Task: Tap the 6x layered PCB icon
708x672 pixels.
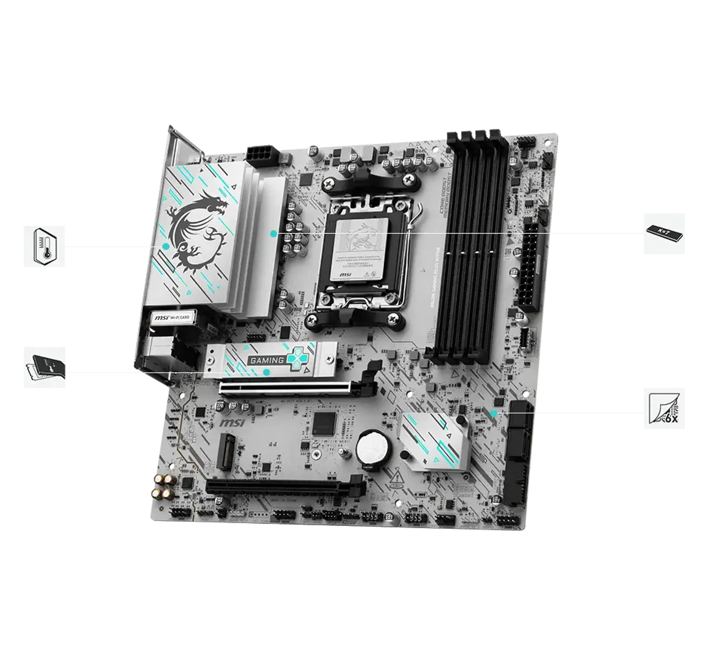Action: [x=665, y=408]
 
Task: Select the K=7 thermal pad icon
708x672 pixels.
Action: [x=665, y=233]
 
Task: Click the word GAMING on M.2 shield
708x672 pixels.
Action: [x=267, y=358]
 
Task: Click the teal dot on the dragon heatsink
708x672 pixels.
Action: [x=166, y=246]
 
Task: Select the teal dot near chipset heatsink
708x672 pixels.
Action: [x=494, y=412]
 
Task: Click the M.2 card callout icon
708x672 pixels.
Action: [x=44, y=368]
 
